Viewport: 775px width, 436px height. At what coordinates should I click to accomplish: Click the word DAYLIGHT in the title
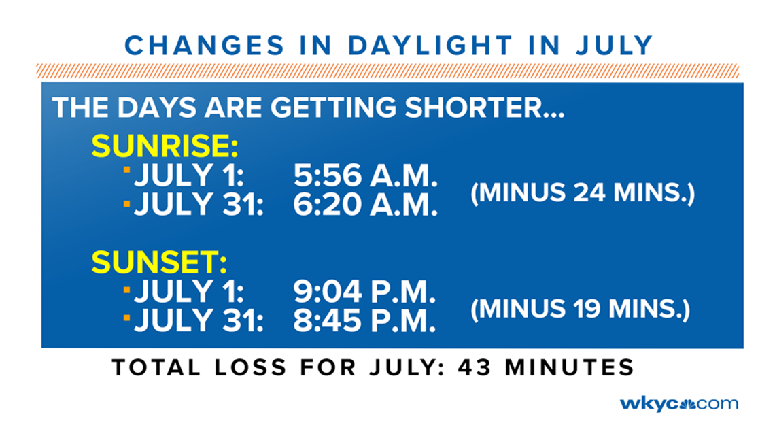[x=430, y=46]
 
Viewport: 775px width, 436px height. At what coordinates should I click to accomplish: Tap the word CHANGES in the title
[x=205, y=46]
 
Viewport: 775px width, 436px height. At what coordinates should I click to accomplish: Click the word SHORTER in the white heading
[x=485, y=107]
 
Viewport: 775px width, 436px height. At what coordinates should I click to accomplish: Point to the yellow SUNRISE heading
[x=165, y=146]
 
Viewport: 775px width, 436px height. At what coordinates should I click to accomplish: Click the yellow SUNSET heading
[x=159, y=262]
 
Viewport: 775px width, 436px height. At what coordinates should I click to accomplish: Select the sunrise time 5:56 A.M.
[x=366, y=175]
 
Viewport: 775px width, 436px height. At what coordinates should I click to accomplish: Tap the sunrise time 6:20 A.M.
[x=366, y=205]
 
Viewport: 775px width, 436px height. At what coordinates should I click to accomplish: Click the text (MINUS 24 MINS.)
[x=583, y=192]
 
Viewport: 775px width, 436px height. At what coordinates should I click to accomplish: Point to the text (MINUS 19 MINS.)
[x=581, y=309]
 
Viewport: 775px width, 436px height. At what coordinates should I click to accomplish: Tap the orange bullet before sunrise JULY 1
[x=127, y=170]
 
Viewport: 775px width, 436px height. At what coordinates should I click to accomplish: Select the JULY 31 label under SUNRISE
[x=199, y=205]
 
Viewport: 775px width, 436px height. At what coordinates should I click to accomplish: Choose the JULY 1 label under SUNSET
[x=189, y=292]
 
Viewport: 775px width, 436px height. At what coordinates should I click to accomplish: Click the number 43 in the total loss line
[x=475, y=368]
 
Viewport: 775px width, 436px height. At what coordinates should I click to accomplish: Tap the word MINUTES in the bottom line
[x=570, y=368]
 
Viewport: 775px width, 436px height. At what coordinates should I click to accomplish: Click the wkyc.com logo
[x=679, y=404]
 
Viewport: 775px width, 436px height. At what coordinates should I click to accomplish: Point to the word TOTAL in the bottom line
[x=156, y=368]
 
